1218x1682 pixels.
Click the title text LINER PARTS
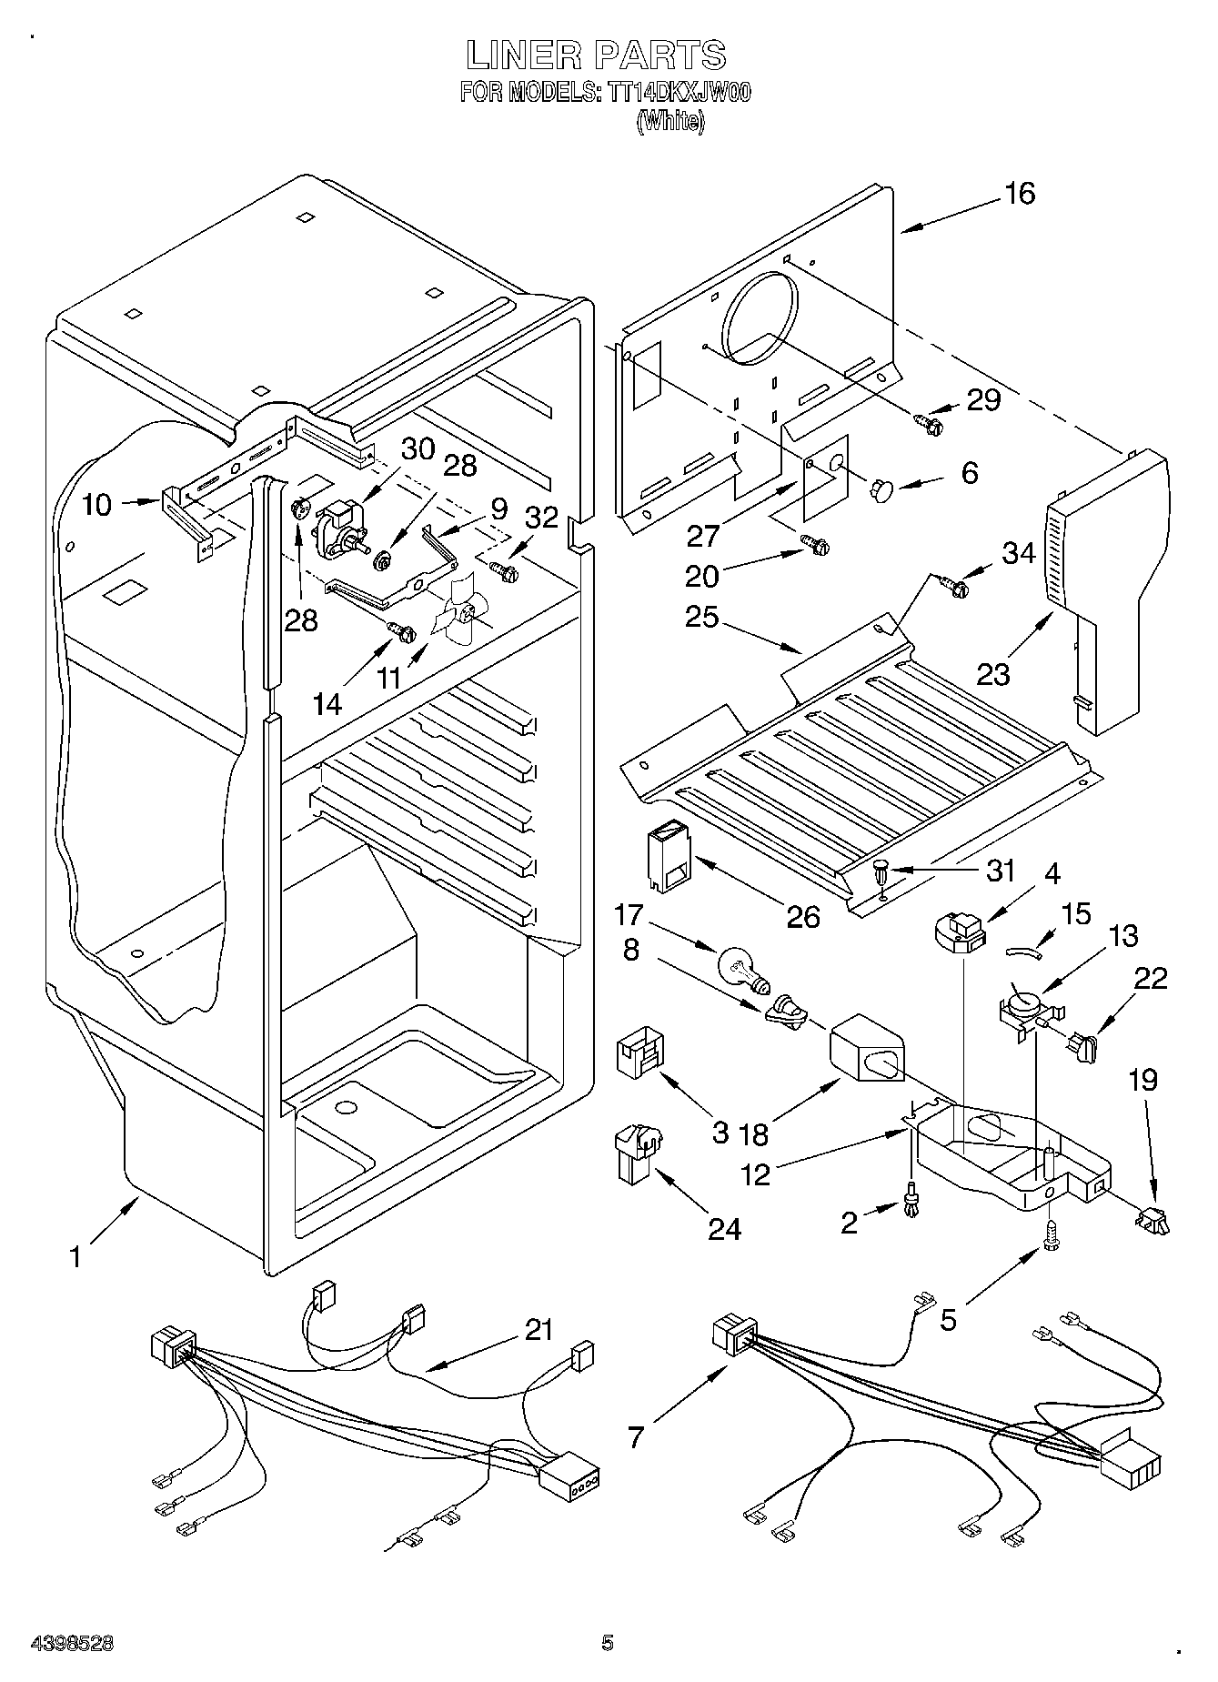[596, 55]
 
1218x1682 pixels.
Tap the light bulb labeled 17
[742, 969]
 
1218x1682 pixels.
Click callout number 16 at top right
[1021, 194]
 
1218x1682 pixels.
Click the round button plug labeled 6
[881, 490]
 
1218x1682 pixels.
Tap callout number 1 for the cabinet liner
[76, 1257]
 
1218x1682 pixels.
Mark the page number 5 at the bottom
[608, 1643]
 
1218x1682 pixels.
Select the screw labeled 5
[1052, 1251]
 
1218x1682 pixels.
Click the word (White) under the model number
[670, 121]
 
